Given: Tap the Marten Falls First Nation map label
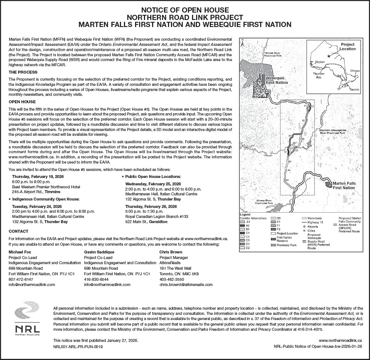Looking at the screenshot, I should pyautogui.click(x=344, y=185).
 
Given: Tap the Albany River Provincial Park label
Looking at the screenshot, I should pyautogui.click(x=264, y=202).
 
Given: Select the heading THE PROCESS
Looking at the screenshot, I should pyautogui.click(x=23, y=72).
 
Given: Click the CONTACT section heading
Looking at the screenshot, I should pyautogui.click(x=18, y=231).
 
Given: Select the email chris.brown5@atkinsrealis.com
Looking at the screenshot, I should pyautogui.click(x=186, y=285).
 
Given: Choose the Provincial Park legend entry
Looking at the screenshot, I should pyautogui.click(x=286, y=245).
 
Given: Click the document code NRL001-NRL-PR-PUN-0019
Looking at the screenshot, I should pyautogui.click(x=78, y=347).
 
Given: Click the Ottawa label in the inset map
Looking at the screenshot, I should pyautogui.click(x=354, y=70).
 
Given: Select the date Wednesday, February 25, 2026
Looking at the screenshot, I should pyautogui.click(x=153, y=184).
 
